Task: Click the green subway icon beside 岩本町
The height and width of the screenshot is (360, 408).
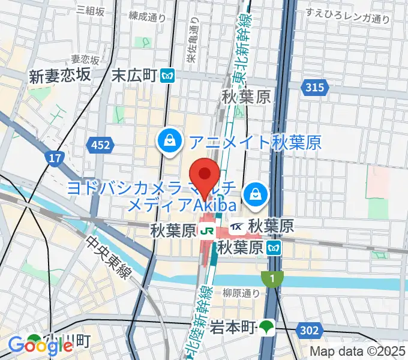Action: [266, 328]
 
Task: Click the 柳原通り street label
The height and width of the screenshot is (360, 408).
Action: [241, 293]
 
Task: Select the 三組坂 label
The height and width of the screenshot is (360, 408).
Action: [91, 11]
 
